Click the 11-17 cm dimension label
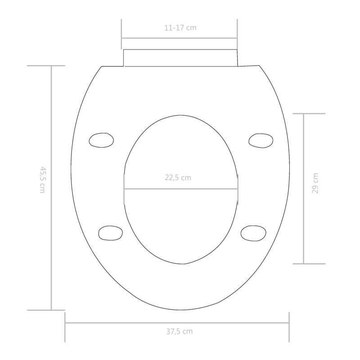[180, 27]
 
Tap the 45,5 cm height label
[43, 180]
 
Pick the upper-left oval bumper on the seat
[101, 140]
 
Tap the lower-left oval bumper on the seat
[110, 232]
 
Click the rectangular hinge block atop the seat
[180, 58]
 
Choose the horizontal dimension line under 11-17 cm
[180, 38]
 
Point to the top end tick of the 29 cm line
[309, 114]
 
